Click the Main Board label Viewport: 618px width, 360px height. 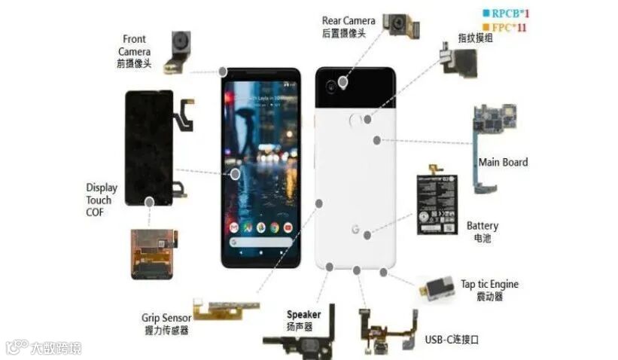coord(503,162)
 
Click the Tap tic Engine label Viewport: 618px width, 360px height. coord(489,290)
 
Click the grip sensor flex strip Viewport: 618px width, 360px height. coord(226,307)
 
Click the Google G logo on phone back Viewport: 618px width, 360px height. coord(355,229)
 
